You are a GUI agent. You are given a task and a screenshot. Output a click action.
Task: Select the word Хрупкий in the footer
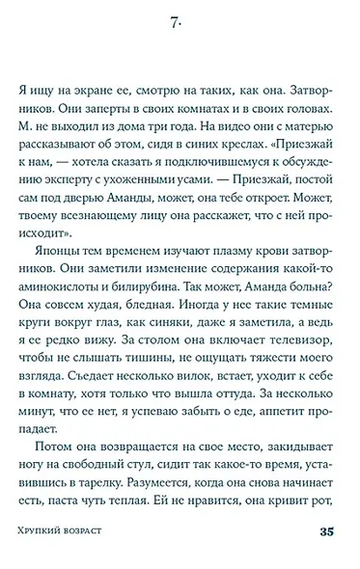pos(46,533)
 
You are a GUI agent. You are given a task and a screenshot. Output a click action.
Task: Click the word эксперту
pos(69,198)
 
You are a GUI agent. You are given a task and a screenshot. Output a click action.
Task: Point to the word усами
pos(201,198)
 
